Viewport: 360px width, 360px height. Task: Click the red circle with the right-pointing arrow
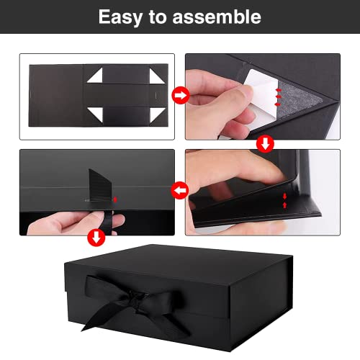click(180, 94)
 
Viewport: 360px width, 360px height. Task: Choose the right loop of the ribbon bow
click(179, 293)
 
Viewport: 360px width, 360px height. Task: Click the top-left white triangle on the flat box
click(96, 74)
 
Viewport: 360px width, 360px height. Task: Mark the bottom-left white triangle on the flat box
click(96, 112)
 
